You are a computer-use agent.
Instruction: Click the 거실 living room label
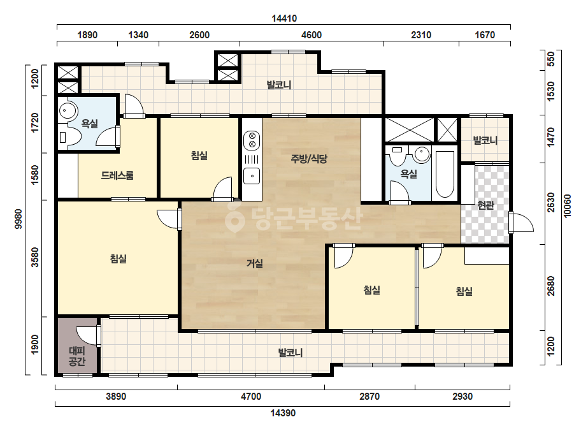tap(254, 263)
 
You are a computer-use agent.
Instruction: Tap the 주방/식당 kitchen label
tap(309, 159)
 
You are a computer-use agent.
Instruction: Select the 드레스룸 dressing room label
tap(117, 175)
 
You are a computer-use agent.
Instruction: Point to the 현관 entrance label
tap(485, 205)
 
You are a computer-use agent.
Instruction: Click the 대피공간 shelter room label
tap(77, 356)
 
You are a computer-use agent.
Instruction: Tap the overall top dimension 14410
tap(284, 18)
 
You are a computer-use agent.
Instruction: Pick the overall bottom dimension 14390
tap(283, 413)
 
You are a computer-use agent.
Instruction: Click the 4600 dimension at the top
tap(312, 35)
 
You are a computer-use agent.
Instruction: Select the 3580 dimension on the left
tap(35, 257)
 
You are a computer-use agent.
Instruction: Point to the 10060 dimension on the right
tap(568, 206)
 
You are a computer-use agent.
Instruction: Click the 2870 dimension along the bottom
tap(369, 397)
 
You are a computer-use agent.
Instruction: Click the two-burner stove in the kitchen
tap(252, 140)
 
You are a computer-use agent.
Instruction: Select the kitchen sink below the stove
tap(252, 176)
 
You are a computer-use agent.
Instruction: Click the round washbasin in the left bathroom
tap(68, 110)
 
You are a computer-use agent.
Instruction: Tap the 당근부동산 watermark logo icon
tap(234, 217)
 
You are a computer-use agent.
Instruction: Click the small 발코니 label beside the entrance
tap(485, 141)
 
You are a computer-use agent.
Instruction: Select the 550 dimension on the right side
tap(551, 59)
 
